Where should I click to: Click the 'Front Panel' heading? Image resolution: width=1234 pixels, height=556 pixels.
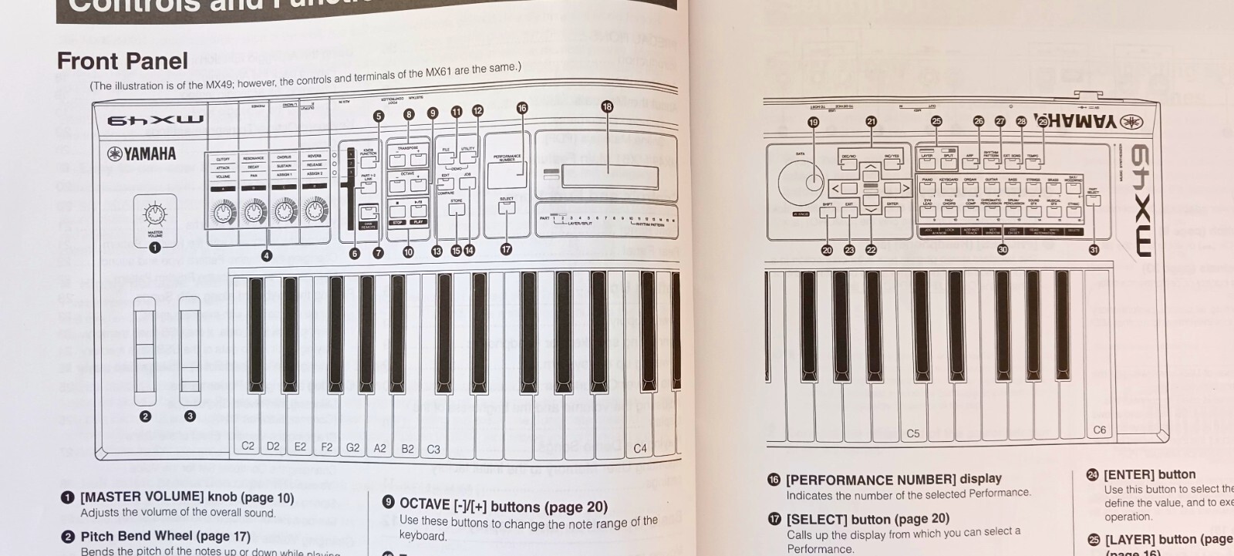(x=123, y=61)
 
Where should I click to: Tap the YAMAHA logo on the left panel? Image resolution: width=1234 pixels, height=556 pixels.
(x=141, y=153)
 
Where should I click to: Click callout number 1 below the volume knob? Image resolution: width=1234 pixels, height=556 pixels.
(x=155, y=247)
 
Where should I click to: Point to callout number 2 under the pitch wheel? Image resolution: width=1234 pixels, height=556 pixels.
(x=145, y=416)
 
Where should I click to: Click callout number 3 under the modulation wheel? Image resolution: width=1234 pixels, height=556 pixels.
(x=190, y=416)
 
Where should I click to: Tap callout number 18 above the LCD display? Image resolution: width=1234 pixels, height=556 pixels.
(x=607, y=107)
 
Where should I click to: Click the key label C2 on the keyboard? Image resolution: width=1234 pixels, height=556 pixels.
(x=248, y=446)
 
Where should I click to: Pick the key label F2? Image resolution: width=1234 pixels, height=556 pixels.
(x=326, y=446)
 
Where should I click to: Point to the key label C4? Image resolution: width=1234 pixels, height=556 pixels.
(x=640, y=448)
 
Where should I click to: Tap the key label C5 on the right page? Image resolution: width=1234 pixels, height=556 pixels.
(x=913, y=433)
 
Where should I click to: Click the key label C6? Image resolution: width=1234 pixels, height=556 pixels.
(x=1099, y=430)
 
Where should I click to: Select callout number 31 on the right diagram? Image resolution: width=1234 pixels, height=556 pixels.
(x=1094, y=249)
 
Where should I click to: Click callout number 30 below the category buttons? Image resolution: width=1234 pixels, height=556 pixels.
(x=1003, y=249)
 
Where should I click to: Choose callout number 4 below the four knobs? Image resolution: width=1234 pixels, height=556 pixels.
(x=266, y=255)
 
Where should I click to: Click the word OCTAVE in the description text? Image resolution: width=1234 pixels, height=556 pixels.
(x=424, y=504)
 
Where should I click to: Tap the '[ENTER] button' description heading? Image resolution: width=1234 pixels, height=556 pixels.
(x=1149, y=474)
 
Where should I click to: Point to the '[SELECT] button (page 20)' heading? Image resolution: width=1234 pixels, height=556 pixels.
(x=868, y=519)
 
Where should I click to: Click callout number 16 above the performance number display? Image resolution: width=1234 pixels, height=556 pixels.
(x=522, y=109)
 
